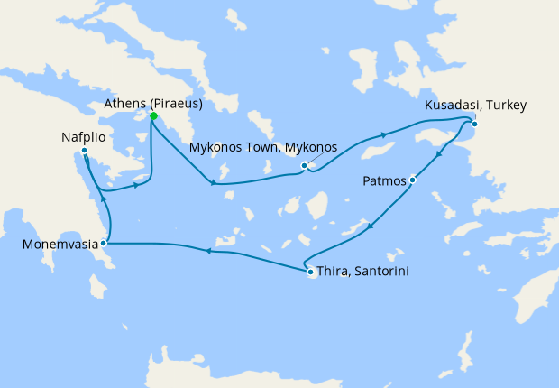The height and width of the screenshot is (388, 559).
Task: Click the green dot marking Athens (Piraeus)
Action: tap(154, 116)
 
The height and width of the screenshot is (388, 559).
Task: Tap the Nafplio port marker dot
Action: tap(84, 151)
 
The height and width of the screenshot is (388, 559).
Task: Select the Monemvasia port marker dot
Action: tap(105, 243)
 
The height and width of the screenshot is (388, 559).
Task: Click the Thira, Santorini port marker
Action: tap(310, 272)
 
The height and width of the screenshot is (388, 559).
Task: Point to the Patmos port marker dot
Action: tap(412, 180)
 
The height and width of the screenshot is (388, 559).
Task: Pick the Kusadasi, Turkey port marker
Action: tap(474, 124)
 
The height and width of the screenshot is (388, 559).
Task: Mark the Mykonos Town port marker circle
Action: tap(305, 165)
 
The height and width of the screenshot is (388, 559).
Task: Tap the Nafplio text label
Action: tap(84, 137)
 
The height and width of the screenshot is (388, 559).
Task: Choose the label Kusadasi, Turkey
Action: tap(475, 106)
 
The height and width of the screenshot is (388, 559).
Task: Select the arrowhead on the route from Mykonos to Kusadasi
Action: tap(386, 136)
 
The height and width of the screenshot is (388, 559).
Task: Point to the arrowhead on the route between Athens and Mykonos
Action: tap(213, 184)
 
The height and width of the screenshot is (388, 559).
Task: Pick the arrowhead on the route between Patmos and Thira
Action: tap(372, 225)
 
